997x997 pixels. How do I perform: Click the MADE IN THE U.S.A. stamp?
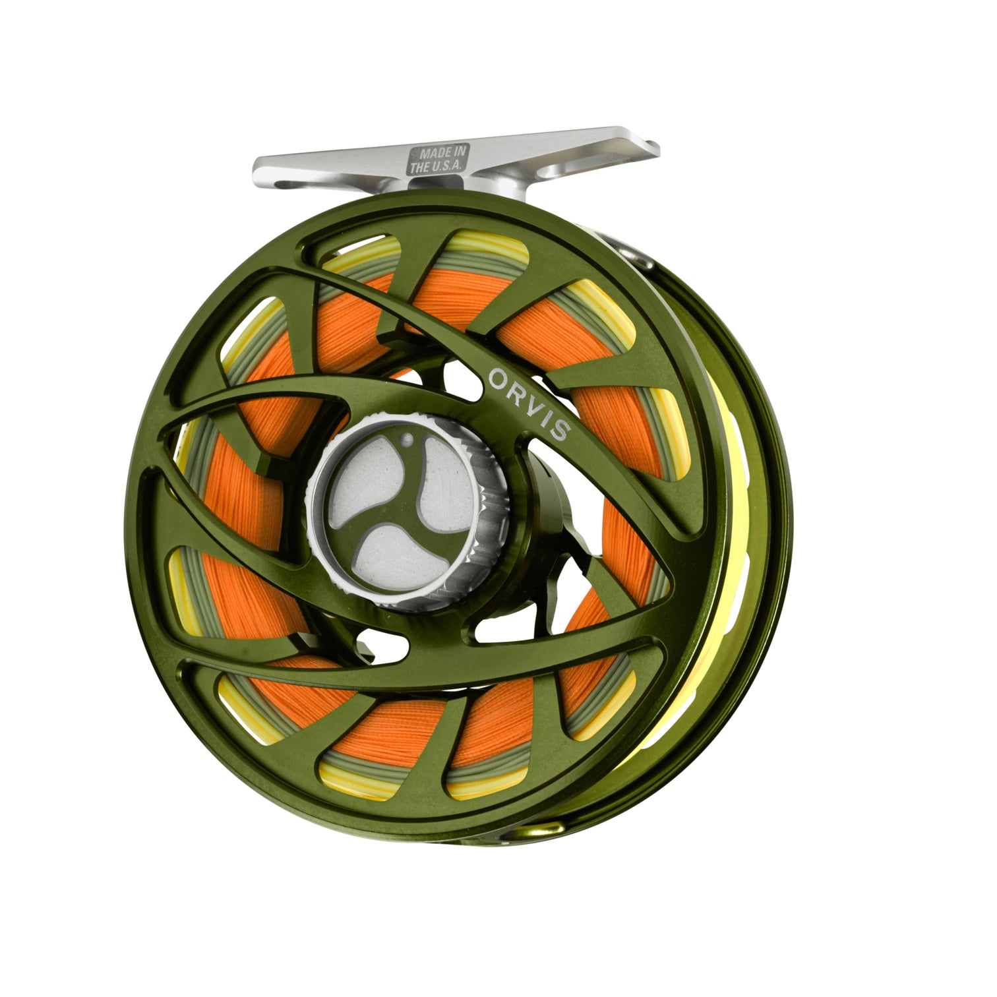pyautogui.click(x=438, y=160)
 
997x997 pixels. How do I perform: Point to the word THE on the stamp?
pyautogui.click(x=419, y=168)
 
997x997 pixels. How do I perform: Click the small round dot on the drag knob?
pyautogui.click(x=407, y=438)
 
